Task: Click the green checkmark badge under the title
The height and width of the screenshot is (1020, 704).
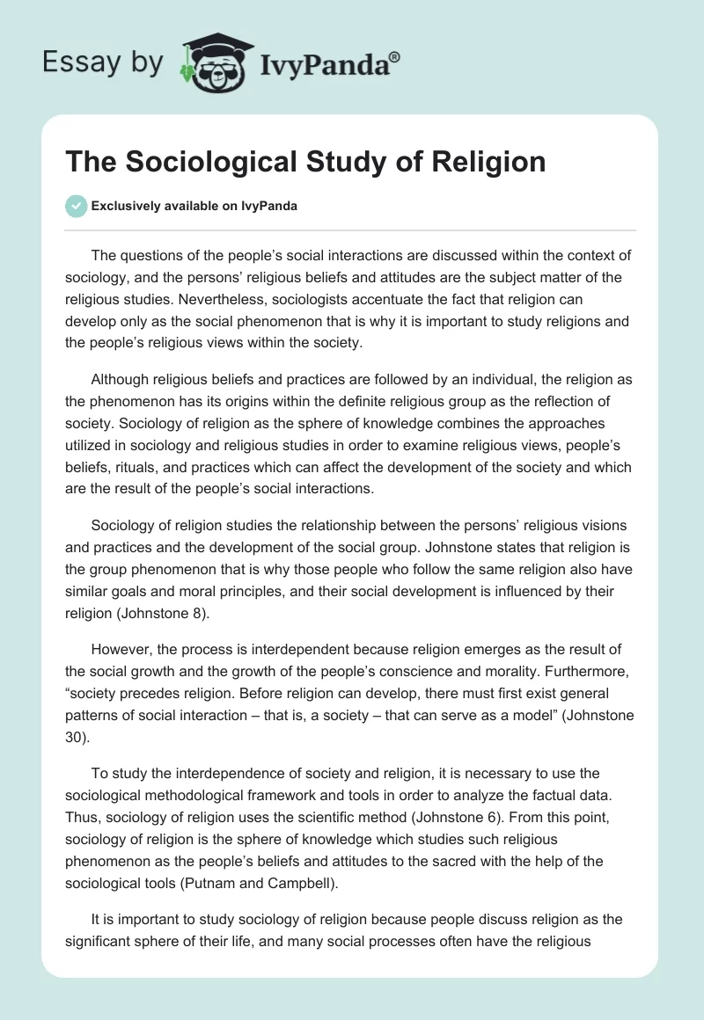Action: pos(76,206)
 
